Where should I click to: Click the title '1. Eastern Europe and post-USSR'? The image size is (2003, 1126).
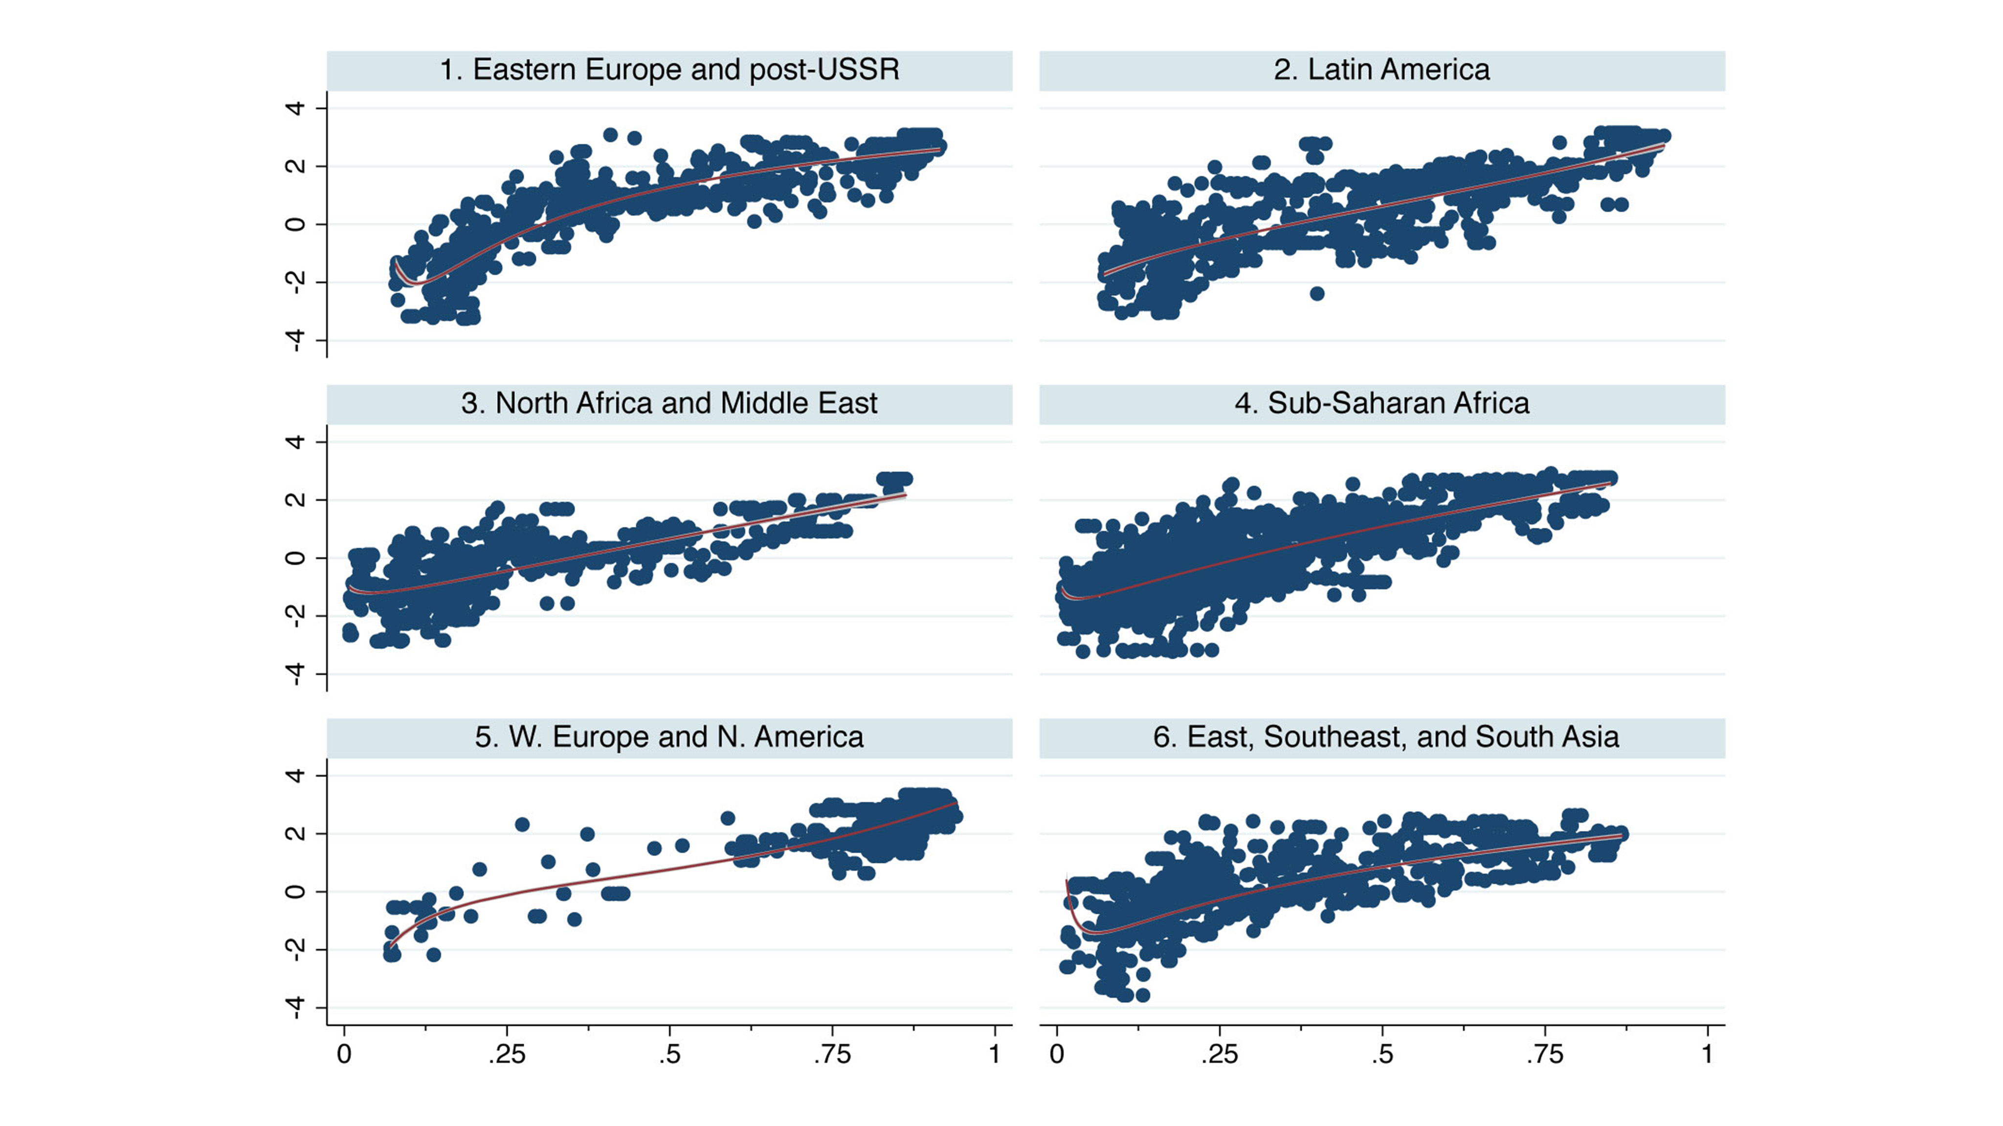coord(669,70)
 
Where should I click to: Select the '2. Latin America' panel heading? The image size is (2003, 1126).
coord(1382,70)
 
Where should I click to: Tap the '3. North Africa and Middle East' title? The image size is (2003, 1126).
coord(669,403)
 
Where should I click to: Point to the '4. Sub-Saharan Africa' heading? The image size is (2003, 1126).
coord(1382,403)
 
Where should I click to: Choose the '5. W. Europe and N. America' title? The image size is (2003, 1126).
coord(669,736)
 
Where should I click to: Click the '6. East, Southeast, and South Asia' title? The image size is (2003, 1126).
coord(1385,736)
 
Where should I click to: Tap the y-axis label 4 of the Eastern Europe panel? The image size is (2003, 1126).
coord(295,108)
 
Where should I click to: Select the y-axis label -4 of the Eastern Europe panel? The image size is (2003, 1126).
coord(295,340)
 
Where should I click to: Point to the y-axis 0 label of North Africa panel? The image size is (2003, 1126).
coord(295,558)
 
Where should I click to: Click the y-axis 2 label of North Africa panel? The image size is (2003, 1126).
coord(295,499)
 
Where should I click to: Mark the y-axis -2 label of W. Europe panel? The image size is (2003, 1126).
coord(295,950)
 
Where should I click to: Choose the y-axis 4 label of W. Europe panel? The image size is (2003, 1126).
coord(295,776)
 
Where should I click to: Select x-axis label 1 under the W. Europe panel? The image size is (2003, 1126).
coord(995,1055)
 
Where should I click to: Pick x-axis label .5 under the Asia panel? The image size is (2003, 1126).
coord(1382,1055)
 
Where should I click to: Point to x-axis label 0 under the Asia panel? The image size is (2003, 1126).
coord(1057,1055)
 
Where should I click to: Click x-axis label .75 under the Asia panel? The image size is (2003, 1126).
coord(1544,1055)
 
